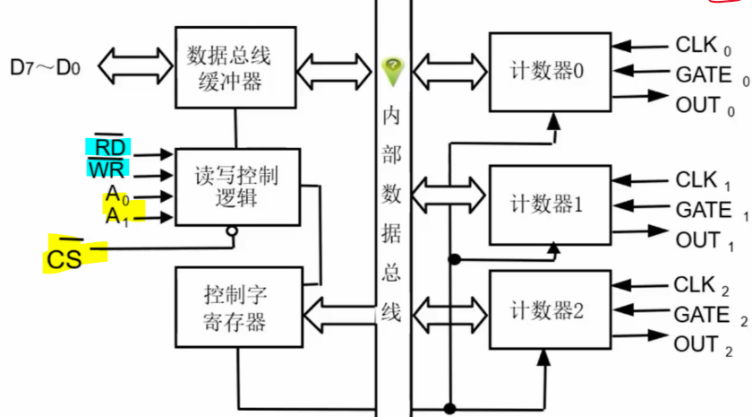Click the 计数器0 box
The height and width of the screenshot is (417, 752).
point(547,71)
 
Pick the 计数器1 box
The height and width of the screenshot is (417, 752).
point(547,204)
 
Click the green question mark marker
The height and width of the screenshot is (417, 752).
point(391,67)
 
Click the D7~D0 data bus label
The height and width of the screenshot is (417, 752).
point(46,66)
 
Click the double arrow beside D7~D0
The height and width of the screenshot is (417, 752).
point(136,65)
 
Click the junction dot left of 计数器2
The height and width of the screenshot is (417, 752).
point(454,260)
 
